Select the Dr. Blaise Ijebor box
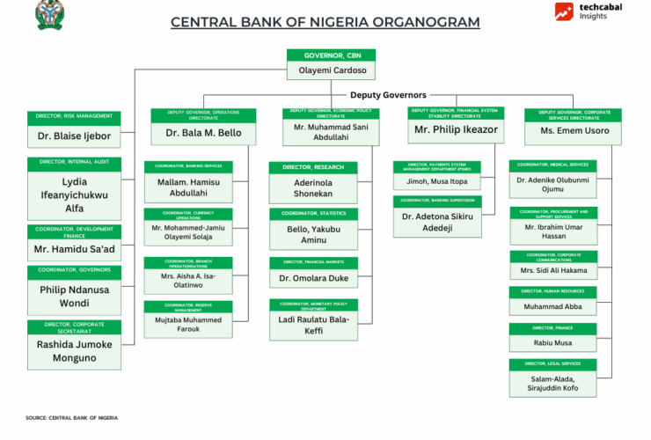pos(74,136)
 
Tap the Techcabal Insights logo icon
pos(565,11)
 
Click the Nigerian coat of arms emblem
pos(49,15)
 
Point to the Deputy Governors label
pos(388,95)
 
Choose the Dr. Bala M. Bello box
pos(203,133)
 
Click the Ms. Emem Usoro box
pos(573,130)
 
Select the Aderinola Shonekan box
pos(313,187)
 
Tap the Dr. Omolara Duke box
pos(313,278)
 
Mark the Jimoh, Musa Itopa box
pos(436,180)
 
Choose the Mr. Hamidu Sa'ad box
pos(74,249)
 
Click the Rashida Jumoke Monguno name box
pos(74,351)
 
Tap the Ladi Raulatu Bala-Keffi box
pos(313,325)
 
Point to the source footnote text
pos(71,417)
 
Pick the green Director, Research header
pos(313,166)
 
